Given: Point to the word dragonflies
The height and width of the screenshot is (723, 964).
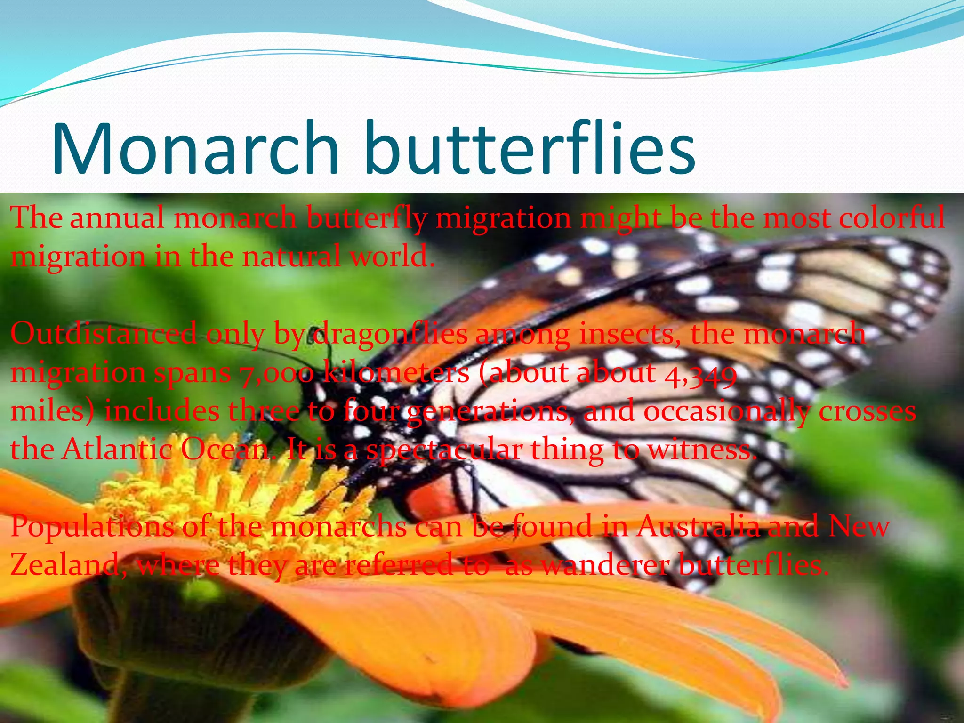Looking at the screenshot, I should point(390,335).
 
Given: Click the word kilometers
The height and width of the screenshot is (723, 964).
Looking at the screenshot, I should point(396,372).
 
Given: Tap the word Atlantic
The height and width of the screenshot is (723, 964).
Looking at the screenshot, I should point(118,449).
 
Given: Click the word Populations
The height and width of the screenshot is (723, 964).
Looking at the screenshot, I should point(92,527).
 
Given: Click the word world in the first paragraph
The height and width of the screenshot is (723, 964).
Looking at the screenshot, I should point(391,257).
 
